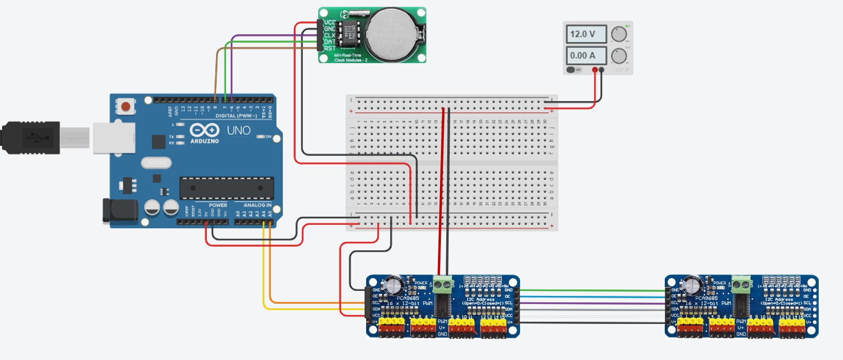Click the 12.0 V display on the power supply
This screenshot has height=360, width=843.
[x=586, y=34]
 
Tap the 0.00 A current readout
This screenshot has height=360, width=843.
[x=586, y=56]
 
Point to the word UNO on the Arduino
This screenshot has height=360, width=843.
[x=239, y=130]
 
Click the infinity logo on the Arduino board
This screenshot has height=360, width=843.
[x=204, y=130]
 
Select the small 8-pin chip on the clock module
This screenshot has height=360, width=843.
[x=348, y=34]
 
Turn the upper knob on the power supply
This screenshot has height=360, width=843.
[x=619, y=34]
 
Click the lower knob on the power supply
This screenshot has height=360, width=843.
[x=619, y=56]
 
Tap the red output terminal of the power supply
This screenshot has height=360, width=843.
[x=595, y=70]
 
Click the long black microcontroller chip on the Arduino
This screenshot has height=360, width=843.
[x=227, y=188]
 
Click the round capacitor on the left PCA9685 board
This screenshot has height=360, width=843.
[x=392, y=285]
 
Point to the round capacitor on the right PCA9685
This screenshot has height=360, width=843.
[x=691, y=285]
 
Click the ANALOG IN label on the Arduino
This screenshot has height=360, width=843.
[x=257, y=206]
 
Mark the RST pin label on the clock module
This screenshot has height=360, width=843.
[x=330, y=49]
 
